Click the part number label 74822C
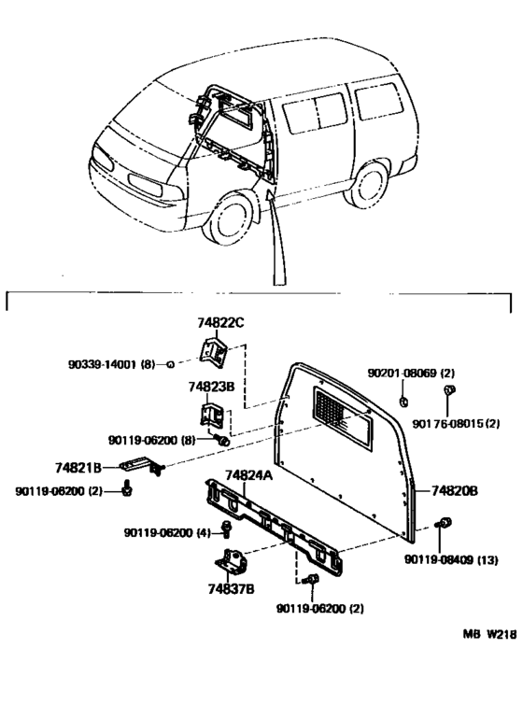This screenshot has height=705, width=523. [219, 323]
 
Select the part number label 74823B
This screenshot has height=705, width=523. [211, 386]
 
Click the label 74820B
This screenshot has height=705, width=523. [454, 489]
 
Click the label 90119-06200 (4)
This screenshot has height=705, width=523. [166, 532]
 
